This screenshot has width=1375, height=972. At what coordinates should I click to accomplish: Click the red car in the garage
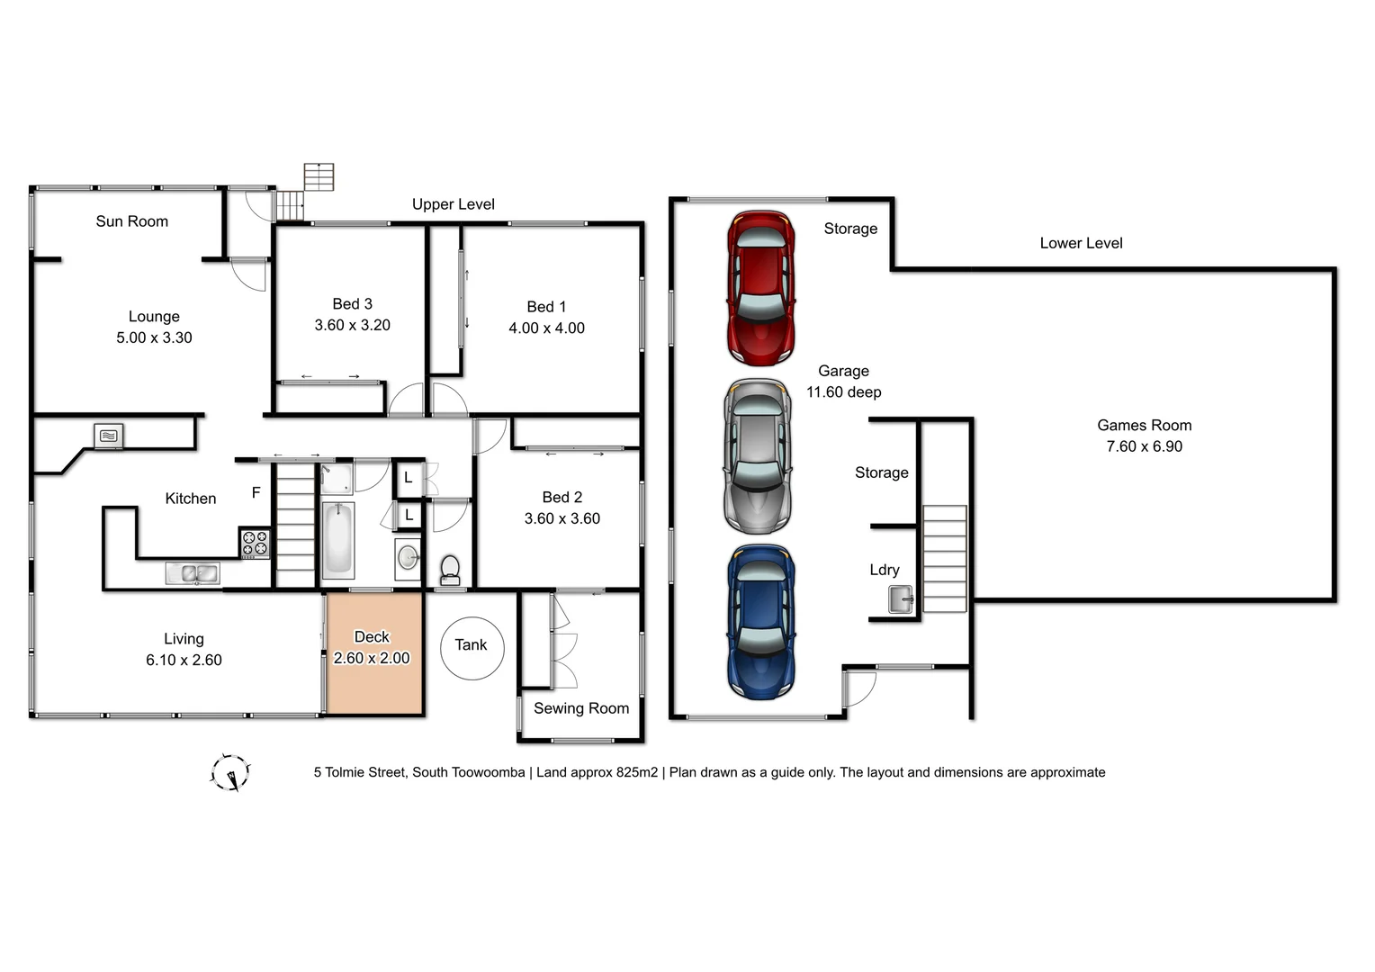click(761, 288)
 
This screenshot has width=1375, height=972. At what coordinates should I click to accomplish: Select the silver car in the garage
click(758, 456)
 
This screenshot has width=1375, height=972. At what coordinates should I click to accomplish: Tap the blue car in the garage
click(761, 622)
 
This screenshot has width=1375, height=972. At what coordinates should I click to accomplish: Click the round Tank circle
click(472, 648)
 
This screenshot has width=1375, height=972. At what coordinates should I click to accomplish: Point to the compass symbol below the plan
click(230, 772)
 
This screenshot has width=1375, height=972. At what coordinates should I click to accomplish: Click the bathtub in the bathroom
click(338, 538)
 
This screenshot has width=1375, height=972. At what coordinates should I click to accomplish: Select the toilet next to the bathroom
click(450, 569)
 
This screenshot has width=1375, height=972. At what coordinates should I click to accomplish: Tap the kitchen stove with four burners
click(255, 544)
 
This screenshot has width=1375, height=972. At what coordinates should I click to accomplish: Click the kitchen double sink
click(192, 573)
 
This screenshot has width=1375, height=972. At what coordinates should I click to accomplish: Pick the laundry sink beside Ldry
click(901, 598)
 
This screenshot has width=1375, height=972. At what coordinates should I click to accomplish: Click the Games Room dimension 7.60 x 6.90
click(1144, 446)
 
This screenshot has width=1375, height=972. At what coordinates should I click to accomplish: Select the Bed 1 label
click(546, 307)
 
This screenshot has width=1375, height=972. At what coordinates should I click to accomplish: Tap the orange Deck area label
click(372, 637)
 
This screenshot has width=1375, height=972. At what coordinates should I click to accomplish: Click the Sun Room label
click(132, 221)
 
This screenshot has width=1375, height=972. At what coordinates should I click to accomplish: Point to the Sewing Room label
click(581, 708)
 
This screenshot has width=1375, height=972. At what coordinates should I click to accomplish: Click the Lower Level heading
click(1081, 243)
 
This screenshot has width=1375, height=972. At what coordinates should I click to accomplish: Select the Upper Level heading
click(454, 204)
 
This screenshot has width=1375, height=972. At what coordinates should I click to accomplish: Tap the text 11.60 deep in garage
click(843, 392)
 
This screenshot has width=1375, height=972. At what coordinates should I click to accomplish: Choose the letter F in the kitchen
click(256, 492)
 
